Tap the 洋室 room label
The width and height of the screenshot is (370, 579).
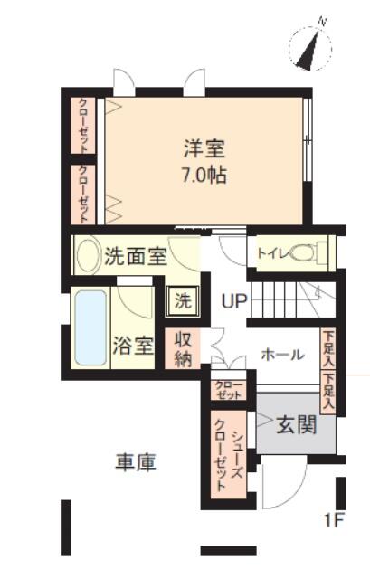coord(204,148)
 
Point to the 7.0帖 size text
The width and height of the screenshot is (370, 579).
coord(204,175)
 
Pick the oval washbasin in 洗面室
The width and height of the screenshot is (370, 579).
coord(88,255)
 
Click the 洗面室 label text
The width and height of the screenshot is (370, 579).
coord(136,256)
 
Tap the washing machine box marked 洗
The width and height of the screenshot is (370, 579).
coord(183,301)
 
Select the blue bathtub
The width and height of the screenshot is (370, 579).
coord(90,327)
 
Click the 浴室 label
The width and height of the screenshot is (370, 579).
coord(133,346)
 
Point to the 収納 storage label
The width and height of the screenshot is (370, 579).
coord(183,349)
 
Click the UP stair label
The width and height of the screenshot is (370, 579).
coord(234,301)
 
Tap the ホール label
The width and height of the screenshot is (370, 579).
coord(283,355)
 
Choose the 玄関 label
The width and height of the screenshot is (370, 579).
coord(297,425)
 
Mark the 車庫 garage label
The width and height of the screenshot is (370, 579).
coord(136,462)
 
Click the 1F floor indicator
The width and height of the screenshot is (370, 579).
coord(334,521)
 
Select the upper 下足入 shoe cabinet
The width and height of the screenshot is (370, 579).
coord(327,349)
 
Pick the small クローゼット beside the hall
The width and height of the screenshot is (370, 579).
coord(229,390)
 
